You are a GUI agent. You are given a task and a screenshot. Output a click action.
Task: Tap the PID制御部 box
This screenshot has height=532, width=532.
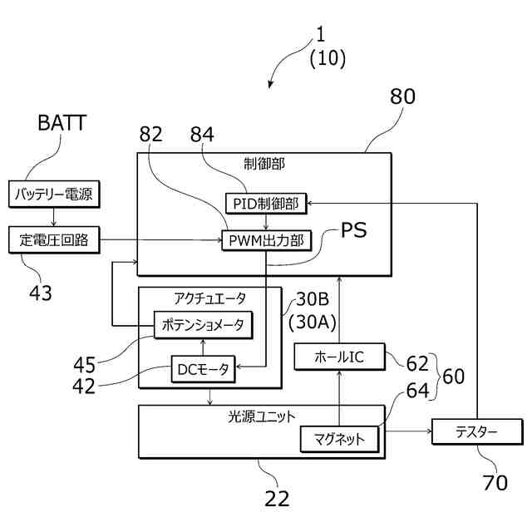tap(265, 203)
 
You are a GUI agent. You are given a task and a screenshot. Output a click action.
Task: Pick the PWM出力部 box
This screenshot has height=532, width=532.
tap(265, 241)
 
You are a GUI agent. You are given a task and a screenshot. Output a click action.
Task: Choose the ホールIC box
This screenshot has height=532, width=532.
tap(339, 357)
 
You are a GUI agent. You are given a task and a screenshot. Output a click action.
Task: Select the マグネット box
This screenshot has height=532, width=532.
tap(339, 439)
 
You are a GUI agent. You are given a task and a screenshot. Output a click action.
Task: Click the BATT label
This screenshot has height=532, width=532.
tap(62, 124)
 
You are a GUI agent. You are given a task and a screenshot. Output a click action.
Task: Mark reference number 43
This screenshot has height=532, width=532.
tap(39, 293)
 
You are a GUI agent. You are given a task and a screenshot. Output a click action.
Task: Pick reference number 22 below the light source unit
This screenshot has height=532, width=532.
tap(277, 499)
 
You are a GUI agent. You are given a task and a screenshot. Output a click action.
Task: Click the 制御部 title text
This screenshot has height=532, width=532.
tap(264, 164)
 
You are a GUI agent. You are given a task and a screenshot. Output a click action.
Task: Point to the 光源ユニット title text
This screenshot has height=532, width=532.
tap(262, 415)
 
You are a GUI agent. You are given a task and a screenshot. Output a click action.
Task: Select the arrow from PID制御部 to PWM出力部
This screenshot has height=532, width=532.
tap(265, 222)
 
